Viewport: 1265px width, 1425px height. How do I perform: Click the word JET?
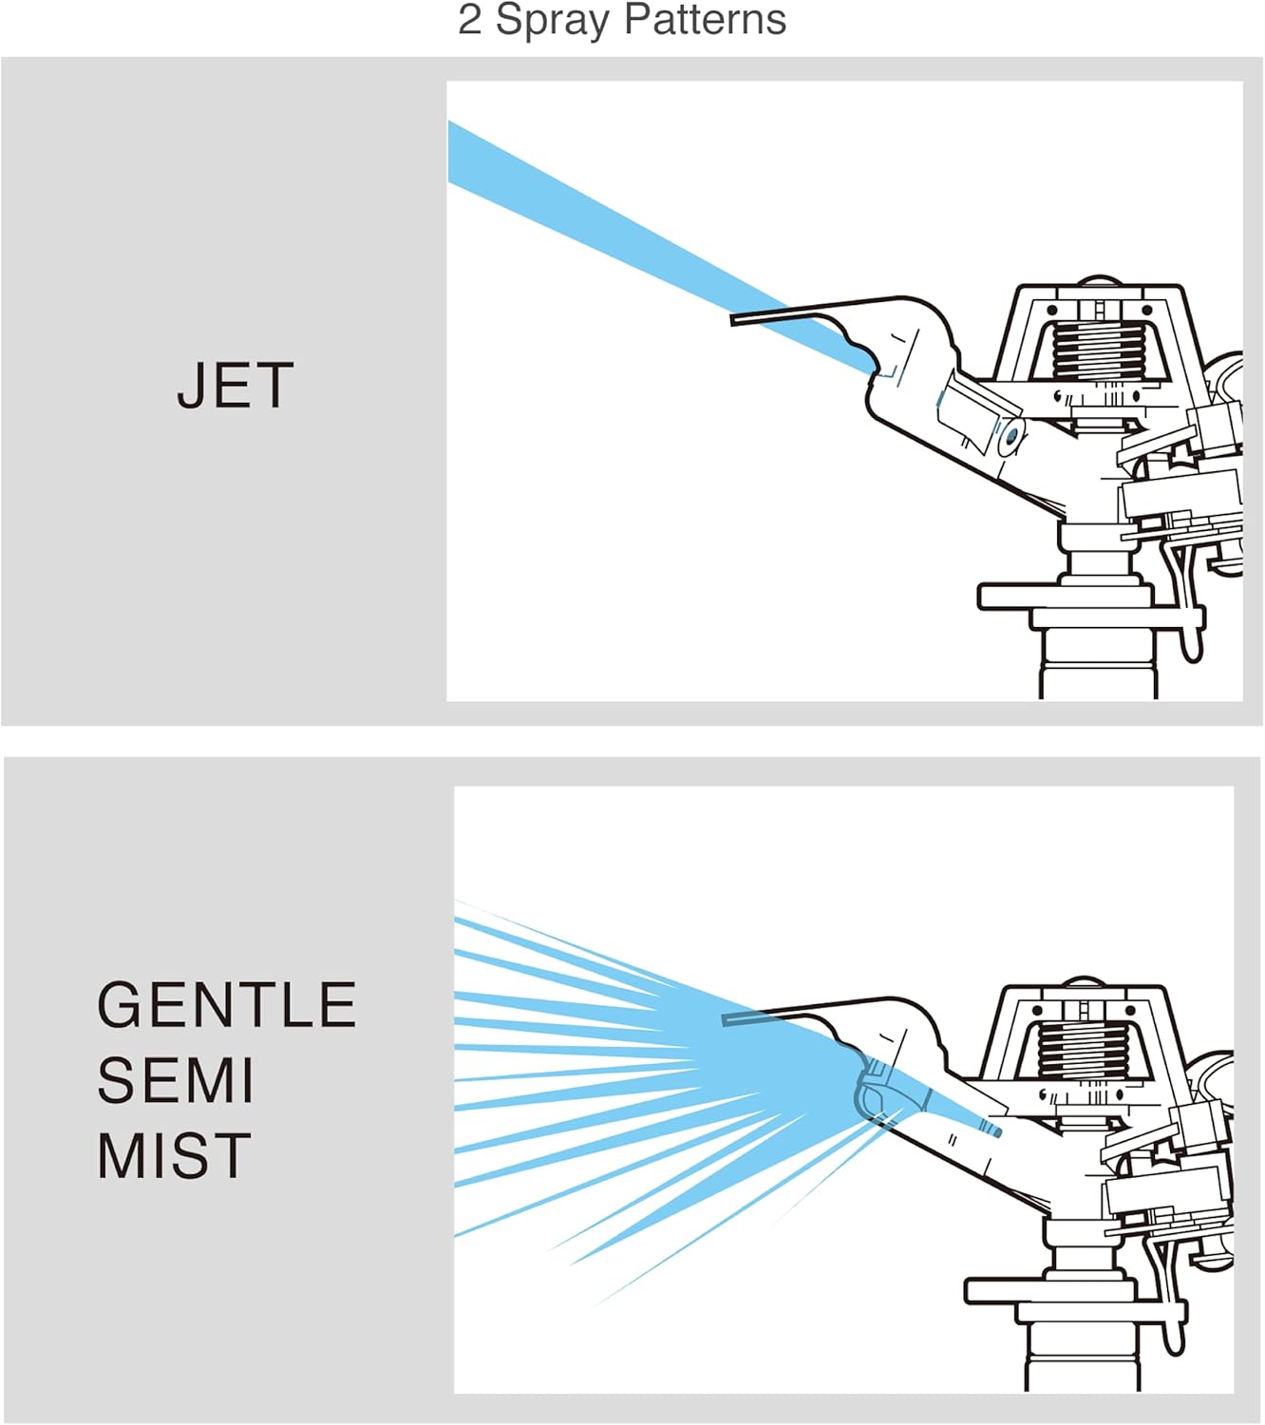tap(235, 385)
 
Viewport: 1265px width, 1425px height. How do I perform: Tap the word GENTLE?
tap(226, 1004)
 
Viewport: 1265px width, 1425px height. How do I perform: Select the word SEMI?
tap(175, 1080)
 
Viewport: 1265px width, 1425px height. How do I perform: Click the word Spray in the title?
tap(553, 22)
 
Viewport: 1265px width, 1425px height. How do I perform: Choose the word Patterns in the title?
tap(706, 19)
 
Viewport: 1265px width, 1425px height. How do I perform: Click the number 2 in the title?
tap(469, 20)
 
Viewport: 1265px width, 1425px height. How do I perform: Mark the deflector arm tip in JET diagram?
tap(733, 321)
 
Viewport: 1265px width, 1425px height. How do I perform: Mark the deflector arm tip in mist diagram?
tap(725, 1020)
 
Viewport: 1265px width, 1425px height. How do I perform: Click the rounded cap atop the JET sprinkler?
tap(1099, 280)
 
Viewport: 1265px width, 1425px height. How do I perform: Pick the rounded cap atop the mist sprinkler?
tap(1084, 981)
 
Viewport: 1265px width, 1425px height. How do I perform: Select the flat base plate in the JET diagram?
tap(1066, 596)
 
